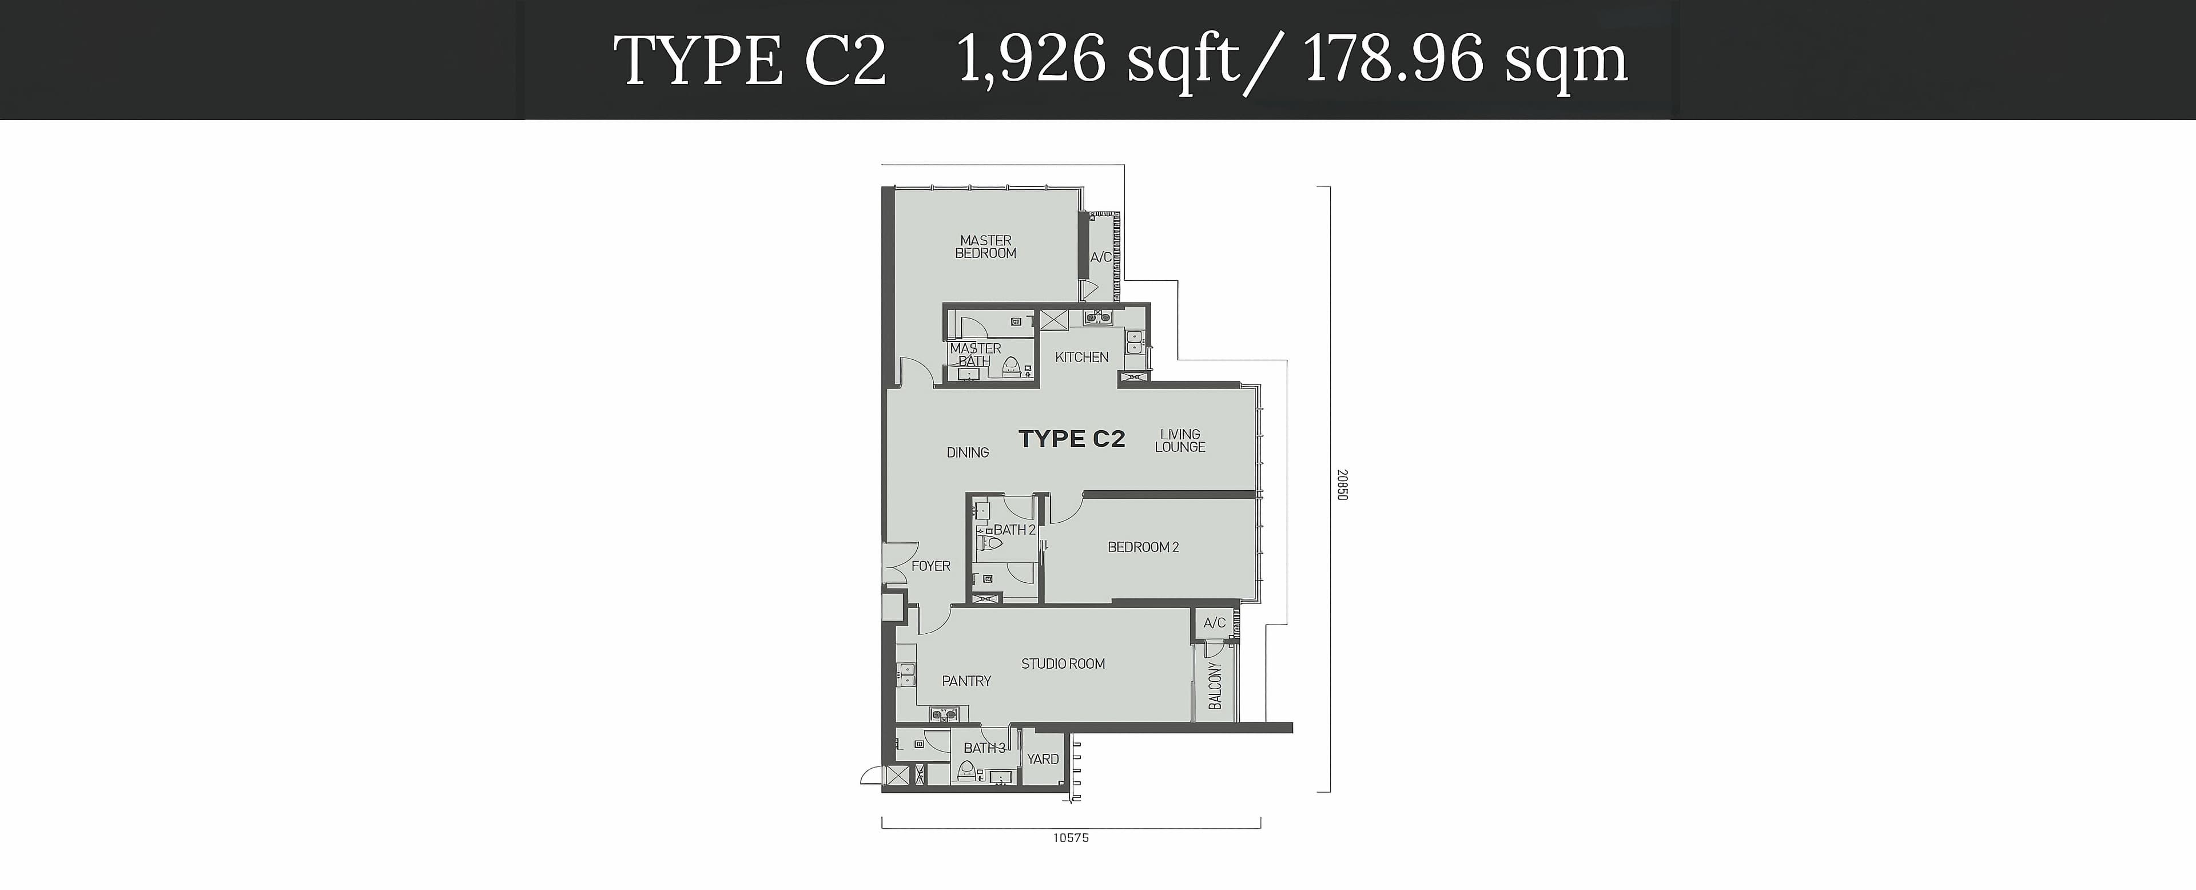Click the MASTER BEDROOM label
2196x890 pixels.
985,247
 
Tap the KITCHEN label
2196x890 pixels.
1082,357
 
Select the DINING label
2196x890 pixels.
968,452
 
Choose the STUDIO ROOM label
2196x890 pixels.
1063,664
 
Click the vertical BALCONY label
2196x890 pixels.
1215,685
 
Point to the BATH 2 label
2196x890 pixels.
1015,530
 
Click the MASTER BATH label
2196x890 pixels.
975,355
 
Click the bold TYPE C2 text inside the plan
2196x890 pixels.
1072,439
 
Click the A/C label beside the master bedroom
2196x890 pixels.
1100,257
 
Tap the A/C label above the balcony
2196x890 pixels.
1215,623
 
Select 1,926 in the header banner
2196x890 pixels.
1032,59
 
